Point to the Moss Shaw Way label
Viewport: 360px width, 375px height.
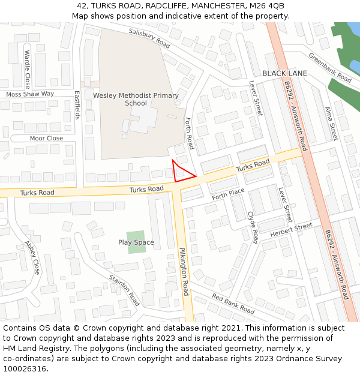[x=30, y=94]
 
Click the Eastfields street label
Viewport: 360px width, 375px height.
[x=77, y=105]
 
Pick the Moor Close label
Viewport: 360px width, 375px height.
[x=46, y=139]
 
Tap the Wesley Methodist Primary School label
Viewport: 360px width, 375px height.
[x=136, y=99]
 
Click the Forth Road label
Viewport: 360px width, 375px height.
[x=190, y=133]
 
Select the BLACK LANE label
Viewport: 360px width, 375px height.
[x=284, y=73]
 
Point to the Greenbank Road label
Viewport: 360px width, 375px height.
[x=330, y=68]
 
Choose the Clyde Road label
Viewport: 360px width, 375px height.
[x=253, y=227]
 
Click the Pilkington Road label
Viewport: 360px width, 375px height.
[x=184, y=271]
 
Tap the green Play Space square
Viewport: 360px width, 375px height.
[x=136, y=242]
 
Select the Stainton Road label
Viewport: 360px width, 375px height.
[x=124, y=290]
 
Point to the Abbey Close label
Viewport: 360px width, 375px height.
[x=32, y=257]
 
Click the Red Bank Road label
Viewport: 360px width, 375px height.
[x=233, y=305]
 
